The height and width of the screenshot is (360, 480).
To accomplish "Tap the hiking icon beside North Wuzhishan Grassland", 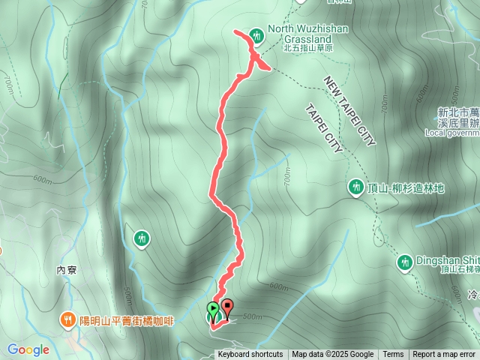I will (x=256, y=34).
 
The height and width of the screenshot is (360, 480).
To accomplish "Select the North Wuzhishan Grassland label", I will (x=301, y=35).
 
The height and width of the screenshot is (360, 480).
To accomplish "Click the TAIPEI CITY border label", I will (x=324, y=128).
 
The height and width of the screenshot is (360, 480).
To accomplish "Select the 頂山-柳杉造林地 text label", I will (x=406, y=187).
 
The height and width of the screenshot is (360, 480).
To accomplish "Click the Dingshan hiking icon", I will (x=405, y=261).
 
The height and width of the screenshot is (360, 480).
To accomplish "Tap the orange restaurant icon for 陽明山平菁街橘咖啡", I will (x=67, y=319).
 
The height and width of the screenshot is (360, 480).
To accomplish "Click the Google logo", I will (x=28, y=349).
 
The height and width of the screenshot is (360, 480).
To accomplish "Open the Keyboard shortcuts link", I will (x=250, y=355).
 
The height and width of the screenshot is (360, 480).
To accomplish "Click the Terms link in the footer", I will (x=393, y=355).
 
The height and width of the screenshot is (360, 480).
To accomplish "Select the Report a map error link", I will (x=444, y=355).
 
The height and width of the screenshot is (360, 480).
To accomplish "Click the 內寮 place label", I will (x=67, y=269).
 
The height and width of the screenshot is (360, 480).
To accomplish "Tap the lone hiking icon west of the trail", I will (x=142, y=238).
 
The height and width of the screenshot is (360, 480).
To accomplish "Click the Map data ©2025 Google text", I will (x=332, y=355).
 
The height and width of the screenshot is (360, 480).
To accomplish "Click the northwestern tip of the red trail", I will (x=235, y=31).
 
